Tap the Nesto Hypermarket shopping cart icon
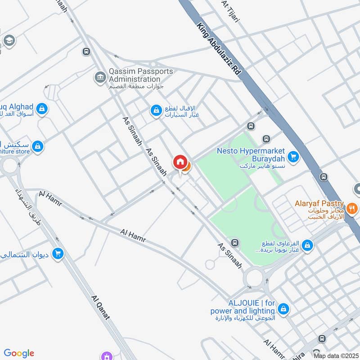(x=293, y=156)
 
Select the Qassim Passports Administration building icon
(x=99, y=77)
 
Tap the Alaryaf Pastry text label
(x=319, y=204)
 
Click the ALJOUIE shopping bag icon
(x=283, y=309)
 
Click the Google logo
(x=19, y=353)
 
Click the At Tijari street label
(x=230, y=9)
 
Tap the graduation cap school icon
(x=9, y=41)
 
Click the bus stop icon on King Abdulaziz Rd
(x=323, y=177)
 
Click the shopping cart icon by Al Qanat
(x=58, y=254)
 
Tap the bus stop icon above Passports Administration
(x=86, y=52)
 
